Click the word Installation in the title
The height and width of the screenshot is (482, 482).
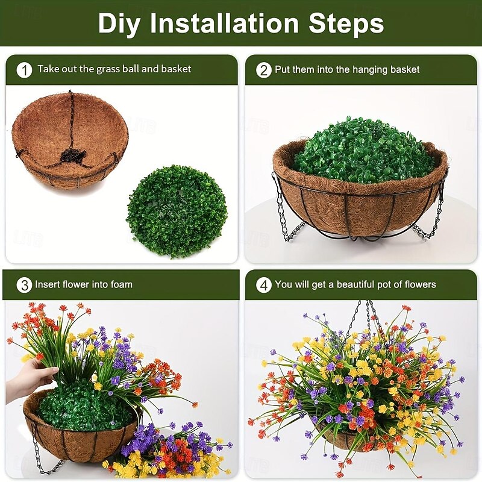click(224, 23)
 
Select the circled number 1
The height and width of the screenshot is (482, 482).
click(24, 70)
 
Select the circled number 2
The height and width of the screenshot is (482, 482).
click(263, 70)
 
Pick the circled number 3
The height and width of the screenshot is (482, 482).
click(24, 285)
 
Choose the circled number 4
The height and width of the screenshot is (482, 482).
click(263, 285)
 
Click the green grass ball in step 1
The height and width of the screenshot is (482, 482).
click(177, 211)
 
